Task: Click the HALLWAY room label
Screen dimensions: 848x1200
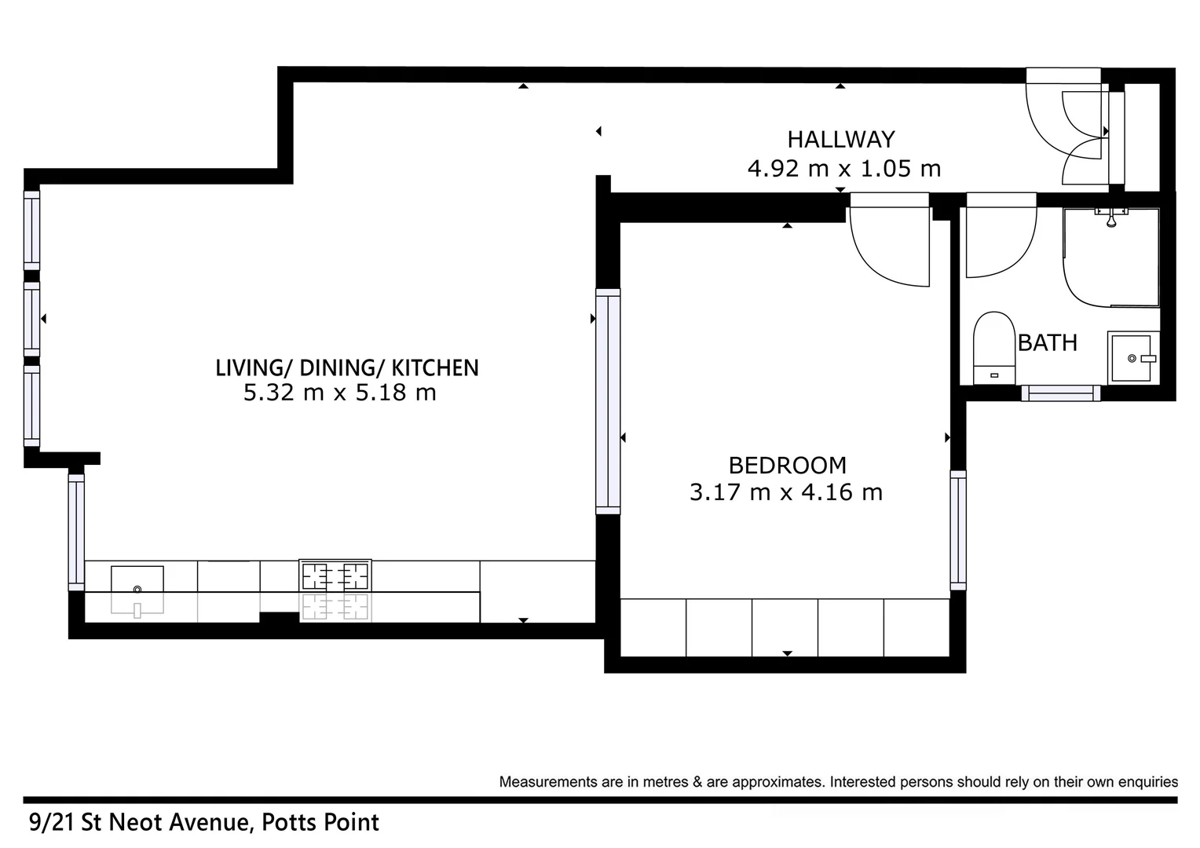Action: tap(840, 140)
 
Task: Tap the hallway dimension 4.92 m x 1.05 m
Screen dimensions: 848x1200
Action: tap(843, 169)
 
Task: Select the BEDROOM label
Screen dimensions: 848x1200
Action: tap(787, 466)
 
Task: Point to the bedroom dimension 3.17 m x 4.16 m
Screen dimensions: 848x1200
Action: tap(786, 492)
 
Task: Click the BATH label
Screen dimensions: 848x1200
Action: tap(1047, 343)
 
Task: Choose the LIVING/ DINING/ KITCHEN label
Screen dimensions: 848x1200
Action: tap(346, 367)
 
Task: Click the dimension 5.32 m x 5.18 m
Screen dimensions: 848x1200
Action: tap(339, 393)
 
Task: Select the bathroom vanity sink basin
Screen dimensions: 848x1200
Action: tap(1132, 358)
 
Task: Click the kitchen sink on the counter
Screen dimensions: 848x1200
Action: tap(137, 581)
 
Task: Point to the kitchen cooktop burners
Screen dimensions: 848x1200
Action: tap(335, 576)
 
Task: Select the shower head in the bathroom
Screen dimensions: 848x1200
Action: tap(1110, 218)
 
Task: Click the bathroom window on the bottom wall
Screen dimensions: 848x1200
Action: tap(1060, 393)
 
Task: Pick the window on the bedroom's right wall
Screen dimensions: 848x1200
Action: tap(958, 530)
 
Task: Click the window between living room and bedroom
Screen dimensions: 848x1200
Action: tap(608, 401)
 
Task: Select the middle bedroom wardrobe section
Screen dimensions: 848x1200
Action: tap(785, 627)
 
